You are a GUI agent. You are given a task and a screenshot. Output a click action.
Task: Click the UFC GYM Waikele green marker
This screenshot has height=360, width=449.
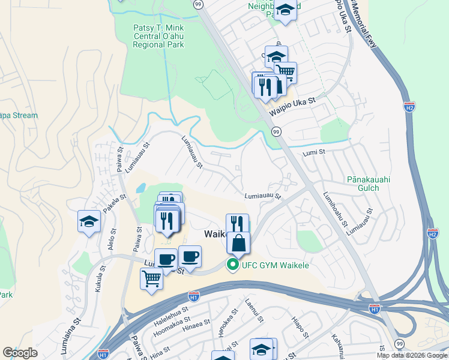click(231, 265)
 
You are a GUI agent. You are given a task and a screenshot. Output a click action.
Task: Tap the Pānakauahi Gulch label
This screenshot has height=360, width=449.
click(363, 183)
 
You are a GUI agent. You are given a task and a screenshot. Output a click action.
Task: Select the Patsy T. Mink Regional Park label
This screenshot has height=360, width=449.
click(158, 37)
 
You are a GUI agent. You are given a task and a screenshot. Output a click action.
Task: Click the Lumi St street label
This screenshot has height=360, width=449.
click(313, 154)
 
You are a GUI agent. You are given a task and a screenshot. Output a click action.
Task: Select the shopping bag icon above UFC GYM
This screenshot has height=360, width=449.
click(238, 242)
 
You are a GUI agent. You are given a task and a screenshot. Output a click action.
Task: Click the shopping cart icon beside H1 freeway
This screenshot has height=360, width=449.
click(151, 278)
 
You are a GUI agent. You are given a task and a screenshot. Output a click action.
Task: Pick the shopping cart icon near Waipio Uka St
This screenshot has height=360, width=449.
click(285, 72)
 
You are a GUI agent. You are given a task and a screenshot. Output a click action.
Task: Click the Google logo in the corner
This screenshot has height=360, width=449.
click(20, 353)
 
